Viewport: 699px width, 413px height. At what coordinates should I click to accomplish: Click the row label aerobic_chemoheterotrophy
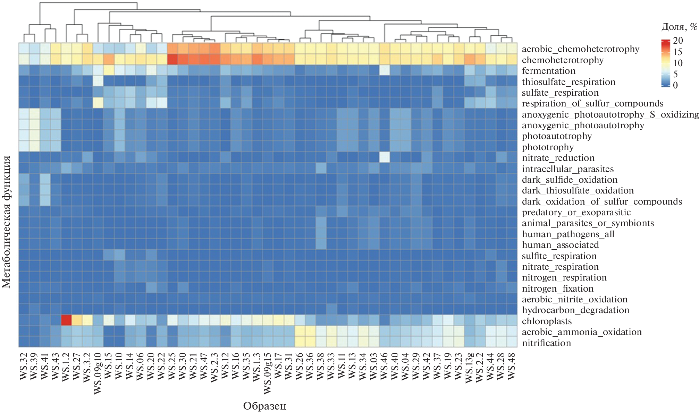[x=580, y=49]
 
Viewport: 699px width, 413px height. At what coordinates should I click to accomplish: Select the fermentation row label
[x=548, y=71]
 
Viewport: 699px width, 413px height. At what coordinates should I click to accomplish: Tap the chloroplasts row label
[x=547, y=321]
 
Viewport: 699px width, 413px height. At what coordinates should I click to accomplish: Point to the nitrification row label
[x=546, y=343]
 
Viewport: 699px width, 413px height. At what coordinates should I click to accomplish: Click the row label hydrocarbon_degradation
[x=575, y=310]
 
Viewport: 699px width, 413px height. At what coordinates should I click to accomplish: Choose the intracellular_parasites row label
[x=568, y=169]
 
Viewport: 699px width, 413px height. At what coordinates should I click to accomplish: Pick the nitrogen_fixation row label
[x=558, y=289]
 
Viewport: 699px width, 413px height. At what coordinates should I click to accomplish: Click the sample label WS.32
[x=24, y=366]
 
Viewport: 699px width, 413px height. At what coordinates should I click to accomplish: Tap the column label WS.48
[x=512, y=366]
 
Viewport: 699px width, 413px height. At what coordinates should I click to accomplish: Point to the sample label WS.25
[x=172, y=366]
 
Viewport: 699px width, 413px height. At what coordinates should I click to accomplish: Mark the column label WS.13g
[x=469, y=368]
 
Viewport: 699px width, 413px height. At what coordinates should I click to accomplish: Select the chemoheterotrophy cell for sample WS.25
[x=172, y=59]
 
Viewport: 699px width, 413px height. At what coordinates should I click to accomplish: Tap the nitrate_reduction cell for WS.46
[x=384, y=157]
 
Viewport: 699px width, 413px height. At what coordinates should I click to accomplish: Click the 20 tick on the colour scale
[x=678, y=41]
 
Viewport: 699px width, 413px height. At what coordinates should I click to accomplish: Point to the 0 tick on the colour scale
[x=675, y=85]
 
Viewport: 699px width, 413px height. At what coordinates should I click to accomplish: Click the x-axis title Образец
[x=264, y=406]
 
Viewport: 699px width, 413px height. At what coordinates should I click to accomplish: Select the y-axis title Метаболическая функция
[x=7, y=222]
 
